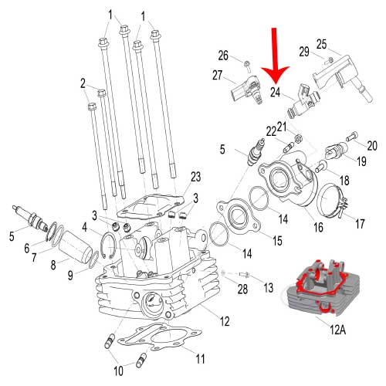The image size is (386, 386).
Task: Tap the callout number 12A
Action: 337,330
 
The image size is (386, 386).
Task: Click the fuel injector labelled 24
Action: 303,102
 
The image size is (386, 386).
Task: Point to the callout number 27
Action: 218,75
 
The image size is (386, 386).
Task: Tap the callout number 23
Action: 195,177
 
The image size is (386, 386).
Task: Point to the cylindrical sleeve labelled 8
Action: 76,247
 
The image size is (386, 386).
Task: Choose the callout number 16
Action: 318,227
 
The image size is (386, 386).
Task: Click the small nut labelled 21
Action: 298,138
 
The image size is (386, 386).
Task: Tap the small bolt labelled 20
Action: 352,136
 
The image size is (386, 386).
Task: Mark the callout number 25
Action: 321,44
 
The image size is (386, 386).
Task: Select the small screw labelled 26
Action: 248,66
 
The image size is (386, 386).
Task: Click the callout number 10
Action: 119,371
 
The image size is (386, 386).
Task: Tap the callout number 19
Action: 361,161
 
